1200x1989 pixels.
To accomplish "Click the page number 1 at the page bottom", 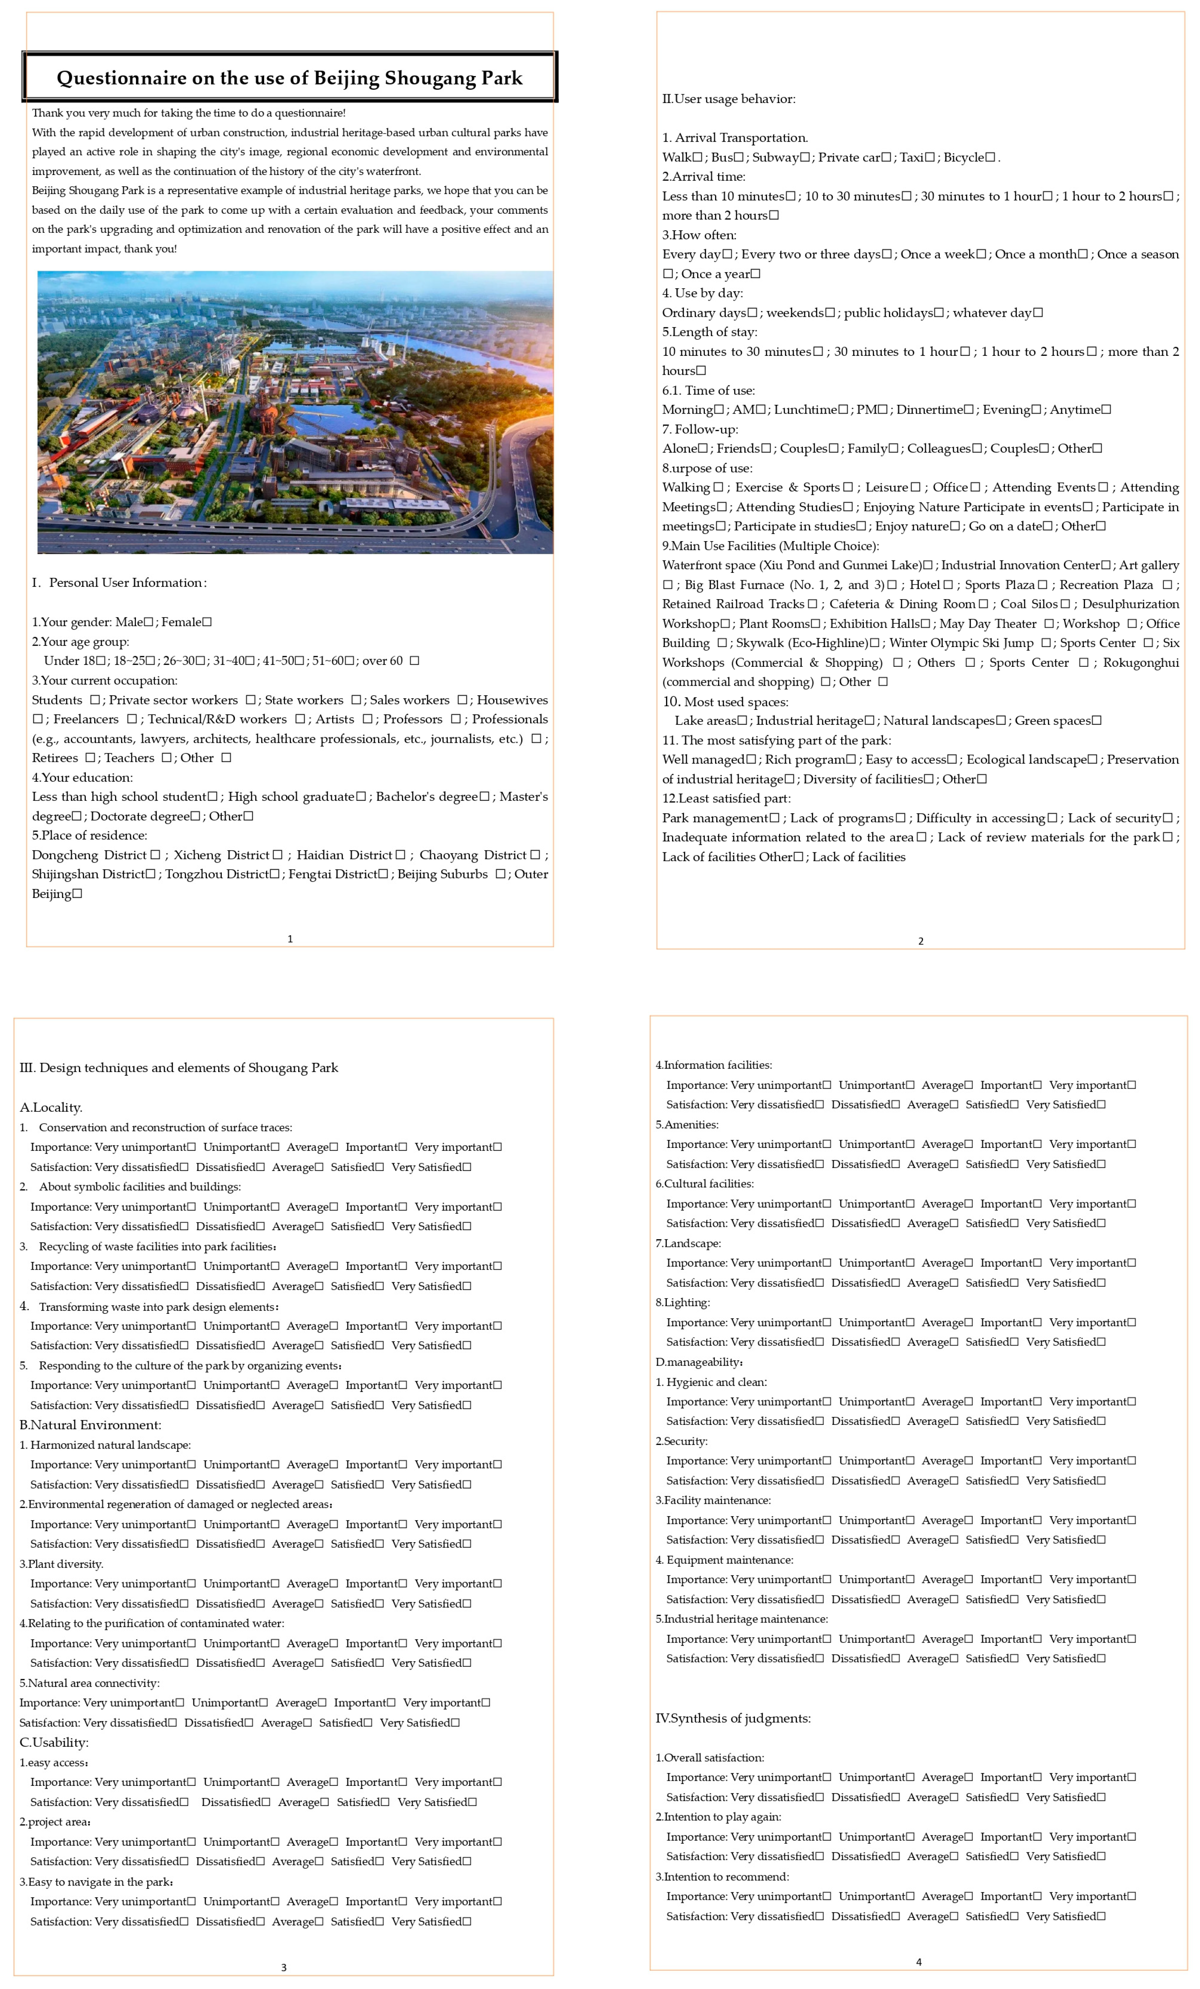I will [290, 939].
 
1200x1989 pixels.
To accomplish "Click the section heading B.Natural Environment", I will [91, 1425].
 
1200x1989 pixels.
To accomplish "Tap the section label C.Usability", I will [54, 1742].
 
